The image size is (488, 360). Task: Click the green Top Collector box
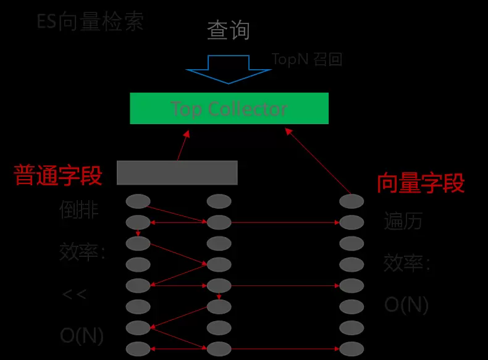(x=229, y=109)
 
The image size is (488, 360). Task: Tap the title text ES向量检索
(x=90, y=22)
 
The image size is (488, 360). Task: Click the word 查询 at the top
(x=229, y=30)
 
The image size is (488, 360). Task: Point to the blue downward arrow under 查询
(x=229, y=69)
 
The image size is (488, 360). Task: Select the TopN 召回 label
(x=307, y=59)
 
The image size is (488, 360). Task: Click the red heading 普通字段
(x=57, y=175)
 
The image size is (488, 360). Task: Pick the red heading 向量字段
(x=421, y=183)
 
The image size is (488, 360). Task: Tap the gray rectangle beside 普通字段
(x=177, y=172)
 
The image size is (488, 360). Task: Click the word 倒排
(x=79, y=210)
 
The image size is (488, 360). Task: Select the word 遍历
(x=403, y=220)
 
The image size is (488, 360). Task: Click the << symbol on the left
(x=74, y=294)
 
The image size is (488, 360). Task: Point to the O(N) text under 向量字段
(x=406, y=304)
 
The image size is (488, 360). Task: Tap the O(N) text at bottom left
(x=82, y=335)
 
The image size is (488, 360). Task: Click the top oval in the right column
(x=351, y=201)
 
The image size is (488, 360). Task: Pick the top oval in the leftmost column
(x=138, y=201)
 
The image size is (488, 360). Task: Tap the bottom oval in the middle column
(x=219, y=349)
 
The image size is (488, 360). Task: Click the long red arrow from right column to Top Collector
(x=318, y=161)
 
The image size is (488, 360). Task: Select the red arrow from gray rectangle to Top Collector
(x=183, y=146)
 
